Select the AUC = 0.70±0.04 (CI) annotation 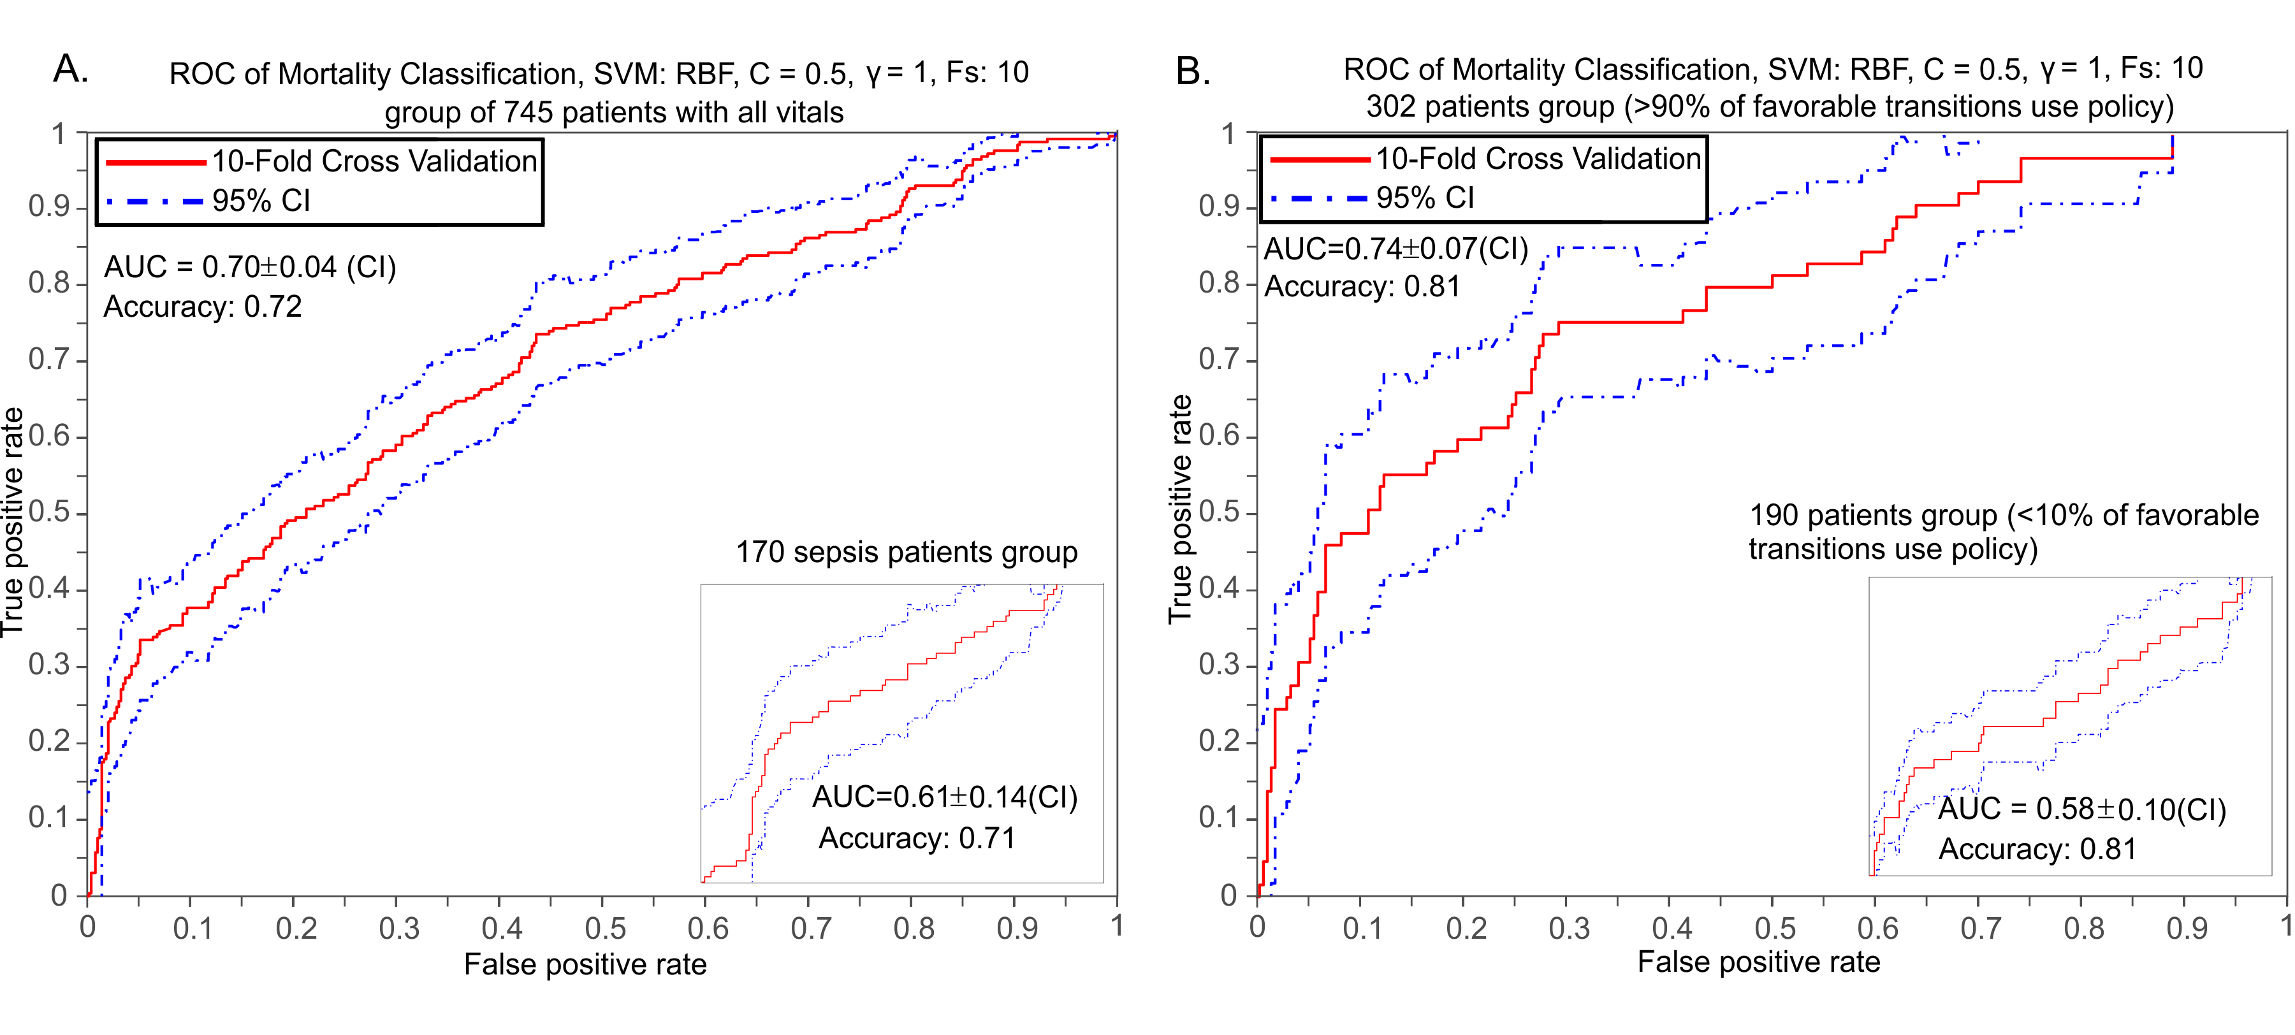(249, 267)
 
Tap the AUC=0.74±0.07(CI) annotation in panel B (1395, 249)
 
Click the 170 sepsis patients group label (906, 553)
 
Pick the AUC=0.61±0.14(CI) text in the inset (944, 797)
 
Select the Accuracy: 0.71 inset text (917, 838)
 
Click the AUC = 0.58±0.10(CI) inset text (2081, 809)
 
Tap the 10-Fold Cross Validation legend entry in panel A (374, 161)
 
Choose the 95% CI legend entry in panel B (1425, 198)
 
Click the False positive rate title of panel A (585, 965)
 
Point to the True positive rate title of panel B (1181, 509)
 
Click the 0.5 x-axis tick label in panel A (605, 929)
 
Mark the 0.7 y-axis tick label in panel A (48, 360)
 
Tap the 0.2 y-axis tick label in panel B (1219, 741)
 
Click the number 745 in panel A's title (528, 112)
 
